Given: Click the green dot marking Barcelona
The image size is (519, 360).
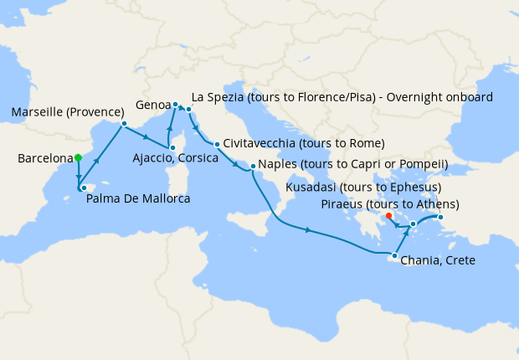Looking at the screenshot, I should pos(78,157).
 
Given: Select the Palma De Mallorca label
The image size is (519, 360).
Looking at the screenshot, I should pos(138,199).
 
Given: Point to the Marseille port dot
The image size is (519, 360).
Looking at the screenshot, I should pos(124,124).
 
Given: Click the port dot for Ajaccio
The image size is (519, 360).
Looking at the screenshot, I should pos(170,154).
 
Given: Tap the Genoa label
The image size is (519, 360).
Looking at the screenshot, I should pos(152,105).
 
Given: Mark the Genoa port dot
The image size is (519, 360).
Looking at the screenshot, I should pos(176,105).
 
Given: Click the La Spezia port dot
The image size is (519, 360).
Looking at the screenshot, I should pos(190,110).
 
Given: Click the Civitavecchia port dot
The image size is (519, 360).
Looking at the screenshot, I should pos(216,144).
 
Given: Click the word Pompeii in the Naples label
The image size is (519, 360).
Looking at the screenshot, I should pos(424,164).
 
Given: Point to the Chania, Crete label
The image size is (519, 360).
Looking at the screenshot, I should pos(439,261).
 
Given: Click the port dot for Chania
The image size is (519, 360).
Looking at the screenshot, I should pos(394,255).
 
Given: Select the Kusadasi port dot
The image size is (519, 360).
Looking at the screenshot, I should pos(441,219).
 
